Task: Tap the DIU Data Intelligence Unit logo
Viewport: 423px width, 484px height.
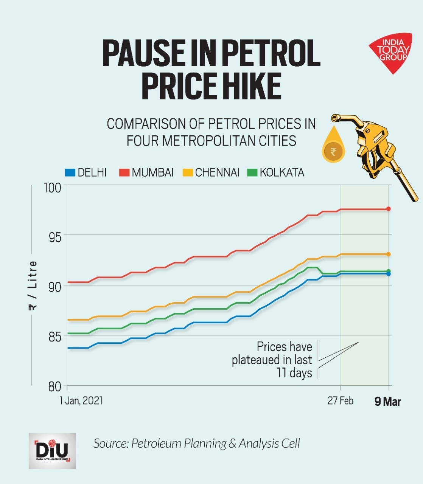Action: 52,451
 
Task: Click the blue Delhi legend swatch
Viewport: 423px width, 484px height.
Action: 70,173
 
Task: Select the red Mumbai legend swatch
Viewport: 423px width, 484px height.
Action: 124,173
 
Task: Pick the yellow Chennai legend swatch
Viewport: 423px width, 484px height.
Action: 188,173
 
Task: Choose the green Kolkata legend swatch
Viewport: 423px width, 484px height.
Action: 252,173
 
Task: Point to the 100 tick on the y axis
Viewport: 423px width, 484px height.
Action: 53,188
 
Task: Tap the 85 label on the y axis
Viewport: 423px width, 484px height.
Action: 54,337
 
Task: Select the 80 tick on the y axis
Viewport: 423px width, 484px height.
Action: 54,386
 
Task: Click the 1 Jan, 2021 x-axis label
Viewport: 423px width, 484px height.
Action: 81,400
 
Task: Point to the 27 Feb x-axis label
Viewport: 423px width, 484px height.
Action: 340,400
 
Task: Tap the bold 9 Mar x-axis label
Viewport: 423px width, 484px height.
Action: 387,402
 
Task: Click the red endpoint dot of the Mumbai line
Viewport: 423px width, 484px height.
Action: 388,209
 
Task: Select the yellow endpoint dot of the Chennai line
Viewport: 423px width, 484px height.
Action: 388,254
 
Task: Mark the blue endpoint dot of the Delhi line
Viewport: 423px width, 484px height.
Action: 388,274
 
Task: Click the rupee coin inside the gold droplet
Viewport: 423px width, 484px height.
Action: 333,152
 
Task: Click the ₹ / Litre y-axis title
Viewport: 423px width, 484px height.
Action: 33,285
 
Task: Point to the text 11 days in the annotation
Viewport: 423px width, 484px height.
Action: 294,373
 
